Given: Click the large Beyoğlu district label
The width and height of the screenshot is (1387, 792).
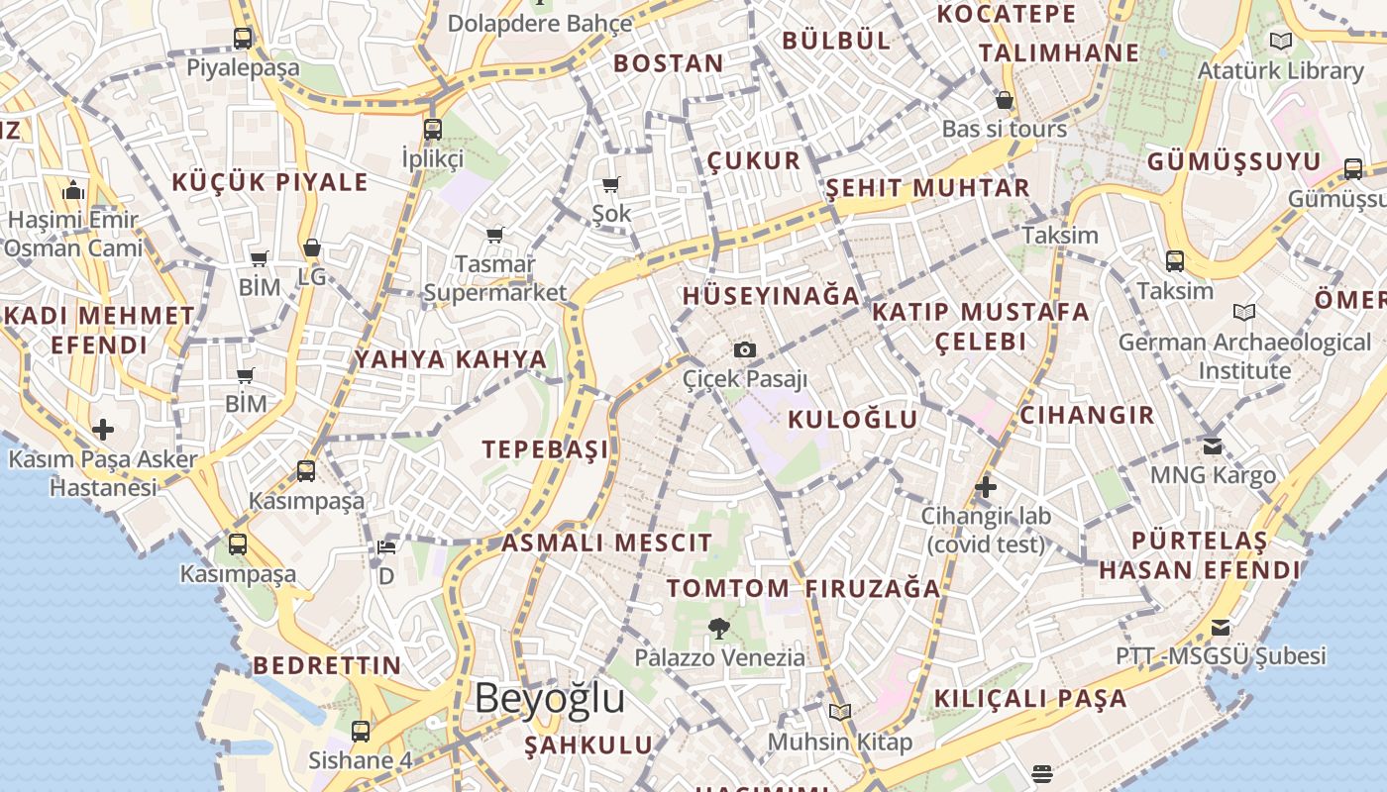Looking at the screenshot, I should [x=550, y=698].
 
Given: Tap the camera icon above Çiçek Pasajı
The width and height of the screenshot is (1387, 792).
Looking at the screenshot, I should [x=745, y=349].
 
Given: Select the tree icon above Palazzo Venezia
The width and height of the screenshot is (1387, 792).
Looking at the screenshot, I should [x=718, y=628].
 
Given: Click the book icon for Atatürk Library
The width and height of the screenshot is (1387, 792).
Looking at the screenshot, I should [x=1281, y=42].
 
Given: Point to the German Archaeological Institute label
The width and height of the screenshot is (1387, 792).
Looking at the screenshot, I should [x=1244, y=356].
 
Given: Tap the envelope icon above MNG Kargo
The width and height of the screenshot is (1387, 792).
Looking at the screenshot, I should [x=1213, y=445].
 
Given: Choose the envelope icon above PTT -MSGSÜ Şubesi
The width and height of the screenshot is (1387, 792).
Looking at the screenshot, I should [x=1221, y=628].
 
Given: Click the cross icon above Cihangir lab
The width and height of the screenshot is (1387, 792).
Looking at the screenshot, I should [x=985, y=487].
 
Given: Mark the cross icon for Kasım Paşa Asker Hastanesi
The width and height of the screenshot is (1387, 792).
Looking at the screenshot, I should [x=103, y=430].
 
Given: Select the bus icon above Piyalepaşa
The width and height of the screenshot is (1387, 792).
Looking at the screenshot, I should [x=243, y=39].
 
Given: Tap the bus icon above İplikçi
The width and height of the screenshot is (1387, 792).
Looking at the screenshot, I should [x=433, y=129].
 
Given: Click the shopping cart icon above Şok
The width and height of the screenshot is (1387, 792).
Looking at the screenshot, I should [x=611, y=185].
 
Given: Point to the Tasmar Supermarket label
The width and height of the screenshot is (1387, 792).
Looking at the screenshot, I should [x=495, y=278].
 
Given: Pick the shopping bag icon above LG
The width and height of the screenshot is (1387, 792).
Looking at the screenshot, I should [x=312, y=247].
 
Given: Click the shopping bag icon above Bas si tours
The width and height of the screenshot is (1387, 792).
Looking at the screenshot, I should [x=1005, y=100].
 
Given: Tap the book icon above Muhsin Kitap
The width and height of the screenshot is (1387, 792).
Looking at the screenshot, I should [x=840, y=712].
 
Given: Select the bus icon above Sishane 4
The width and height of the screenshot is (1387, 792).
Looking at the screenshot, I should [x=361, y=732].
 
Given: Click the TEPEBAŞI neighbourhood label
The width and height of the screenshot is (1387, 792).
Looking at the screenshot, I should [x=545, y=449].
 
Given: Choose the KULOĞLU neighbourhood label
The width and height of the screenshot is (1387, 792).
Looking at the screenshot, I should [x=853, y=419].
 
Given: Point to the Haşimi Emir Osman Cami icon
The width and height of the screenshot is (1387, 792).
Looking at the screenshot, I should [x=72, y=191].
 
